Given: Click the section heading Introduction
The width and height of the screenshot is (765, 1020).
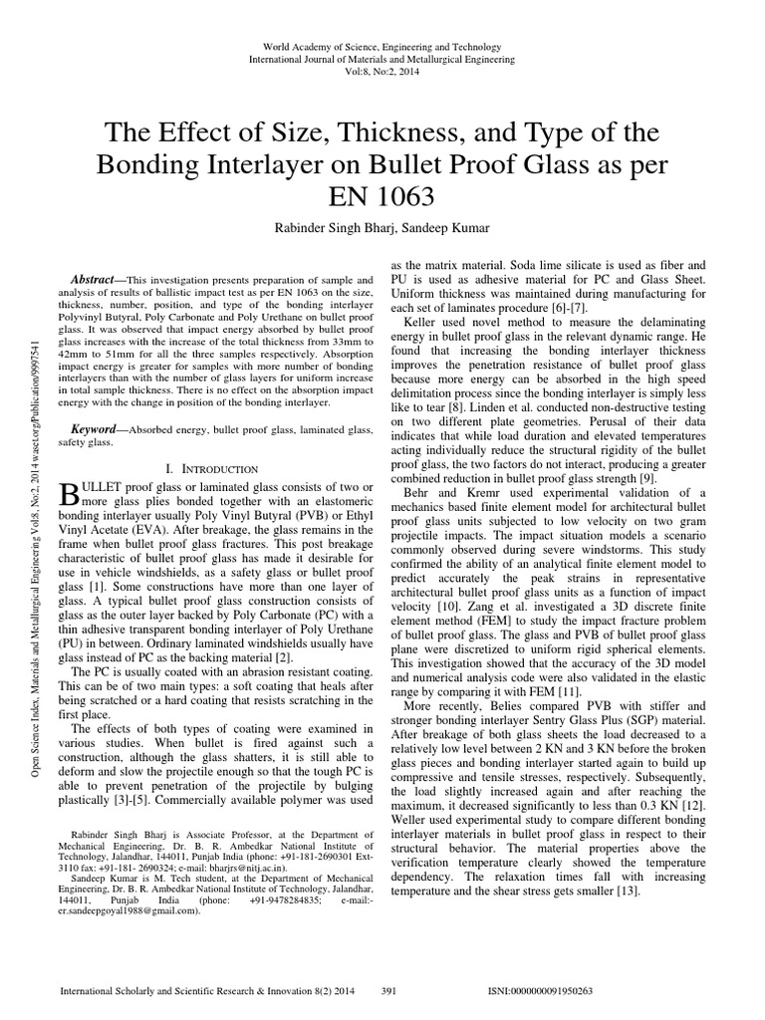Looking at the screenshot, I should [x=223, y=468].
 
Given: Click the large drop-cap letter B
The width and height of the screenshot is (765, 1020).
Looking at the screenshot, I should [x=70, y=493].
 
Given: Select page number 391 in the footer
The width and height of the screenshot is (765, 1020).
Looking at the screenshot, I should [x=390, y=992].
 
